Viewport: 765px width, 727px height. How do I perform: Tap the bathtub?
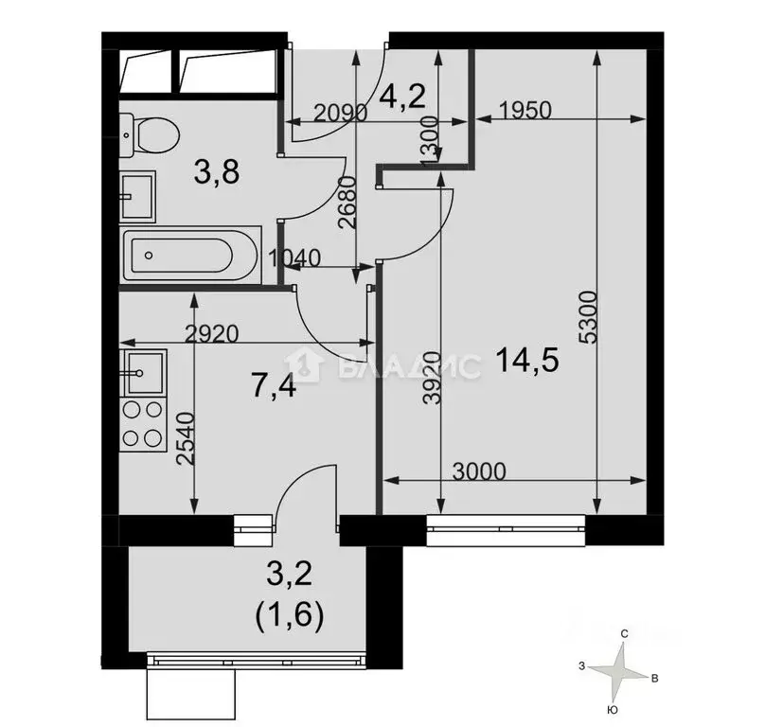pyautogui.click(x=189, y=255)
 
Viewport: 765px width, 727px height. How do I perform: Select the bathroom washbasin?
pyautogui.click(x=137, y=195)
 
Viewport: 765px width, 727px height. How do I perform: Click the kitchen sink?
pyautogui.click(x=143, y=372)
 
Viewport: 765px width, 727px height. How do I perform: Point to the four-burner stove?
pyautogui.click(x=143, y=424)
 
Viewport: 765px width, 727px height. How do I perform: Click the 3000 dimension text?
pyautogui.click(x=478, y=470)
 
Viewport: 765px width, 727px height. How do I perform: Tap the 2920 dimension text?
pyautogui.click(x=214, y=333)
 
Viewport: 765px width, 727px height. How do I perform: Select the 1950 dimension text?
pyautogui.click(x=523, y=110)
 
